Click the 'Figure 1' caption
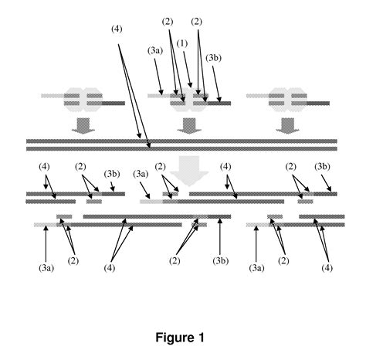pos(182,338)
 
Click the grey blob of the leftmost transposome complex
pos(82,99)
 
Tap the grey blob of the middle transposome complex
pos(186,99)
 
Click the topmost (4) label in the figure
pos(117,29)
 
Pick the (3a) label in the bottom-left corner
pos(46,268)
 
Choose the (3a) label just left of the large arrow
pos(141,173)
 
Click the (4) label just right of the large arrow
pos(226,167)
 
